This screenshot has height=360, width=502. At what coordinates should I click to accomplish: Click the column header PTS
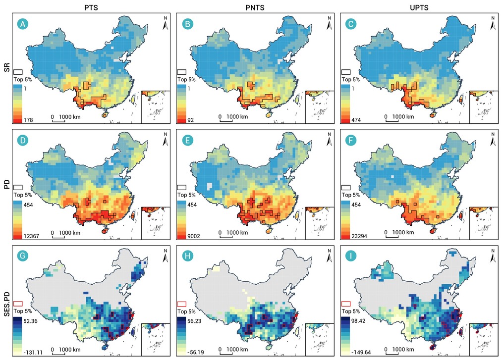(x=91, y=7)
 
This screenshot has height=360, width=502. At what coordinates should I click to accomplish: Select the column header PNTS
(x=255, y=7)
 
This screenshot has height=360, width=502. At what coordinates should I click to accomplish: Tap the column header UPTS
(x=419, y=7)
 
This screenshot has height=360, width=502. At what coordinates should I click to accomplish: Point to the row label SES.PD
(x=7, y=305)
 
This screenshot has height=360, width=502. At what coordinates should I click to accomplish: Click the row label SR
(x=7, y=68)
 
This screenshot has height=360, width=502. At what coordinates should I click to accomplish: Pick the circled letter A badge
(x=23, y=24)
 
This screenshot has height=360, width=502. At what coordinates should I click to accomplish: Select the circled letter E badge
(x=187, y=140)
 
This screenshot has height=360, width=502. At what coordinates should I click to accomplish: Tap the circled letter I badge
(x=351, y=256)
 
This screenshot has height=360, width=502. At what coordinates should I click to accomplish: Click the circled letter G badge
(x=23, y=256)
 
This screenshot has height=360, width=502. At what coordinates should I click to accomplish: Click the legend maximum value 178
(x=28, y=120)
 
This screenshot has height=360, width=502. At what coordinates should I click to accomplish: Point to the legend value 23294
(x=359, y=236)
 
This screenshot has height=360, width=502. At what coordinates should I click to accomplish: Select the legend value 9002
(x=194, y=236)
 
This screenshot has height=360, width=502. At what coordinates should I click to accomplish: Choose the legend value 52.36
(x=30, y=321)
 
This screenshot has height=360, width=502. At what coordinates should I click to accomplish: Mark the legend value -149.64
(x=361, y=352)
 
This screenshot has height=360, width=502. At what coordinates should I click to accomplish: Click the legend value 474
(x=356, y=120)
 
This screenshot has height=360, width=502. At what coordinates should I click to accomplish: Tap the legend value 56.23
(x=194, y=321)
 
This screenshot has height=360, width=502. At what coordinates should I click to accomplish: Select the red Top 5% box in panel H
(x=181, y=304)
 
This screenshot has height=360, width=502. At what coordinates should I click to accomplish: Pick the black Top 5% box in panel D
(x=18, y=188)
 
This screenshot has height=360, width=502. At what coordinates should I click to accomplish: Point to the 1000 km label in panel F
(x=403, y=233)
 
